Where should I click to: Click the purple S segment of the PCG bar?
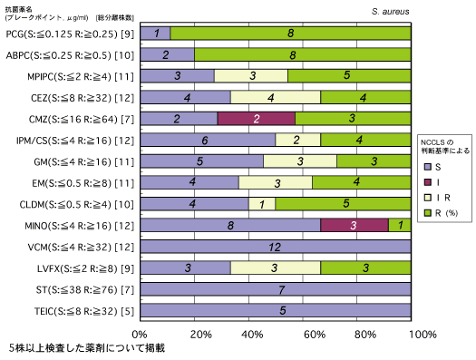155,33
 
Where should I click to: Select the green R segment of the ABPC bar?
303,54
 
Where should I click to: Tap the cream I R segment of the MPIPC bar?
251,76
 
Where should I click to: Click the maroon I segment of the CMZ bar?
257,119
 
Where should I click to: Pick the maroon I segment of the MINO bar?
355,225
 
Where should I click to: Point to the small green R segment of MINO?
400,225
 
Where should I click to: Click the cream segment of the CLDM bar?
262,204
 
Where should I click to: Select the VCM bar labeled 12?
276,247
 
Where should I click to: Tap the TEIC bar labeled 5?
276,310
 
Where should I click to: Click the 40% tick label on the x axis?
252,335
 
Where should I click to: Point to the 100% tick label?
423,335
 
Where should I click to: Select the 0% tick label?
140,335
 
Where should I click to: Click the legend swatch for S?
428,167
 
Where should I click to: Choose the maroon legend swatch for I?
428,182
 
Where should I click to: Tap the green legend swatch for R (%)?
428,213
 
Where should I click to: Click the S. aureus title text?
391,12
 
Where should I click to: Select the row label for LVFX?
85,268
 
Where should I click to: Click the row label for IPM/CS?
75,141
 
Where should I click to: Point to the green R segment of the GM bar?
374,161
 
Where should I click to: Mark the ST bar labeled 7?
276,289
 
